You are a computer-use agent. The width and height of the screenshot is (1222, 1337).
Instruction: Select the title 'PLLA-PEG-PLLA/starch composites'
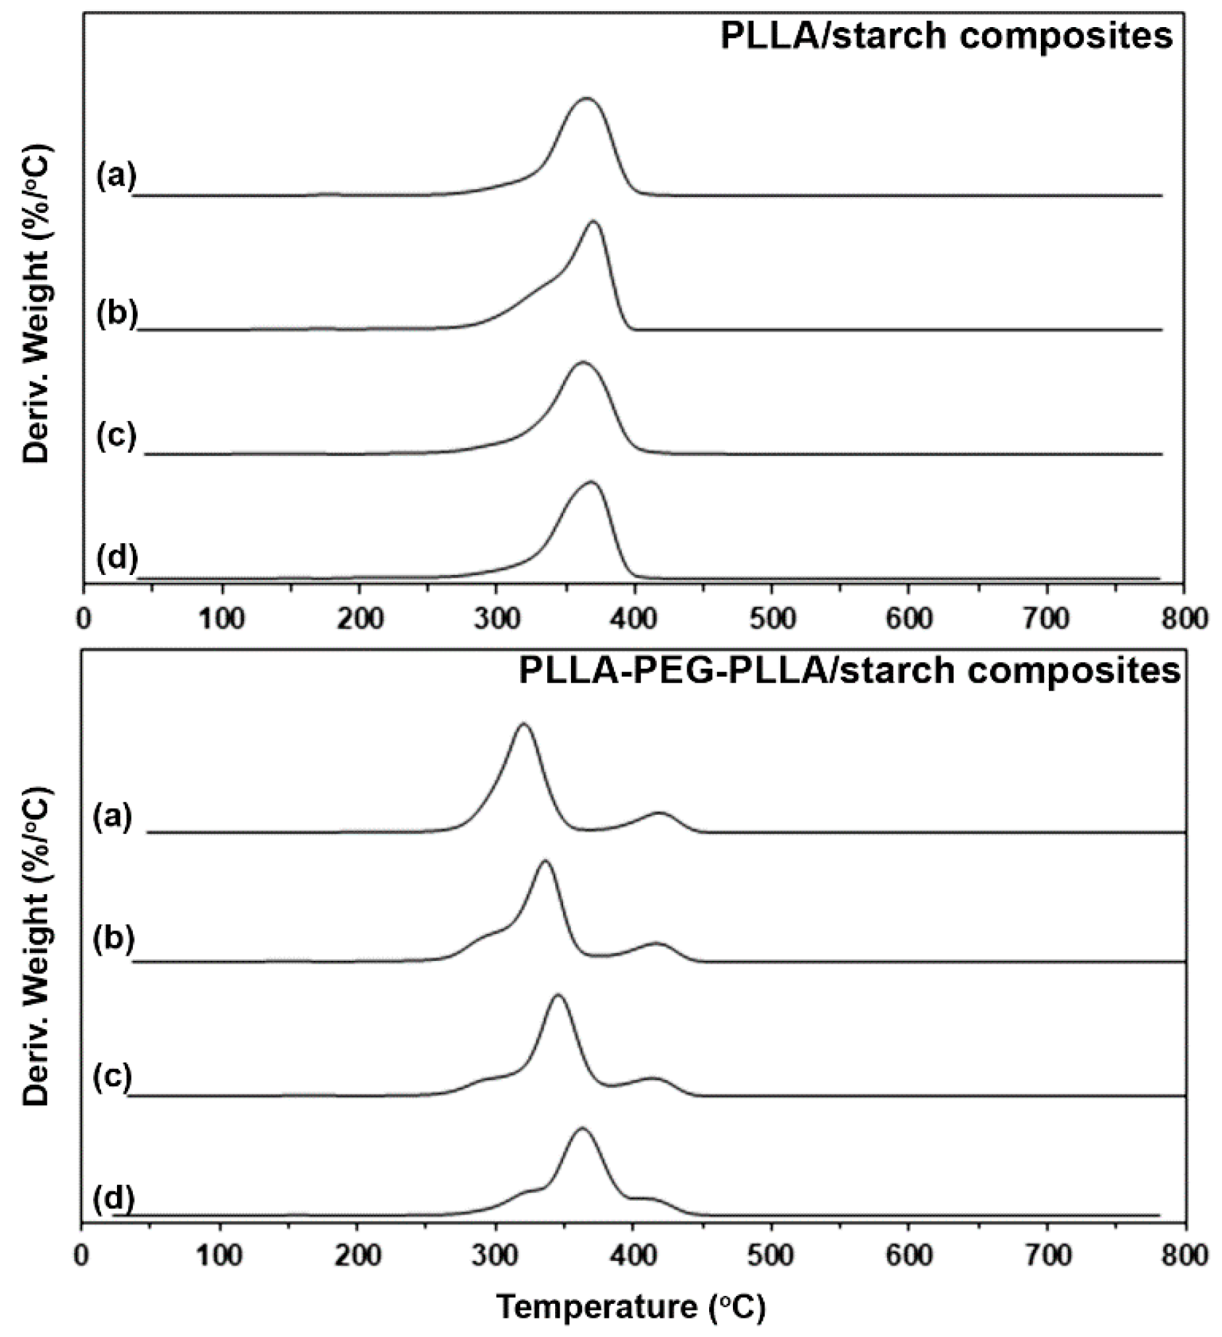(849, 671)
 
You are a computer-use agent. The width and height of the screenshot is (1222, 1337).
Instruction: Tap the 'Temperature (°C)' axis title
(631, 1307)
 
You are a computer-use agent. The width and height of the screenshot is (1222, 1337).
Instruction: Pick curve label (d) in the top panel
(117, 558)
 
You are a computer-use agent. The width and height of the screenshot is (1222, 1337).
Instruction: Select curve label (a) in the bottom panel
(113, 816)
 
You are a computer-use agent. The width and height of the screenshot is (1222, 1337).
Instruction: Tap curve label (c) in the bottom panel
(112, 1077)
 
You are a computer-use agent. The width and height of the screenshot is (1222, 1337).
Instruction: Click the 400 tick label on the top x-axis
(635, 618)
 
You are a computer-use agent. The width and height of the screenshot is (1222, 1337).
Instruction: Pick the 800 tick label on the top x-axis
(1184, 618)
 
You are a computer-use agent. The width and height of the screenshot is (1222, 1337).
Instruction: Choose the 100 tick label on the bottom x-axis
(220, 1255)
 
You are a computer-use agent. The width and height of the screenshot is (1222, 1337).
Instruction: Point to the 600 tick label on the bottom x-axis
(909, 1255)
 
